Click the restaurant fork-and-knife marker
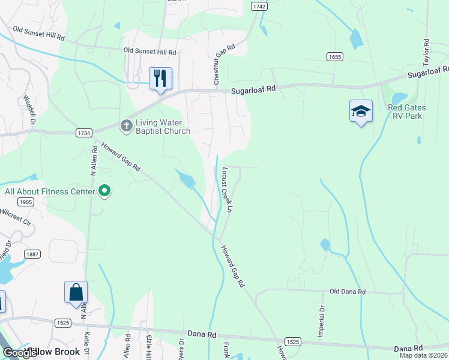coord(160,78)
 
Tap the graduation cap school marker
coord(361,111)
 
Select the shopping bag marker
coord(76,292)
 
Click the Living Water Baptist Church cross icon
coord(126,126)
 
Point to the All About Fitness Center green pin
coord(104,191)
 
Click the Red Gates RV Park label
coord(406,112)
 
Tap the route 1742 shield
coord(259,5)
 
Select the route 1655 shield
coord(335,56)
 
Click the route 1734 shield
coord(84,132)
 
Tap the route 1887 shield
coord(32,254)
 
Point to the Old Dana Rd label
coord(348,292)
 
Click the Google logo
coord(20,353)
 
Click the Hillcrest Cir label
coord(16,216)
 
